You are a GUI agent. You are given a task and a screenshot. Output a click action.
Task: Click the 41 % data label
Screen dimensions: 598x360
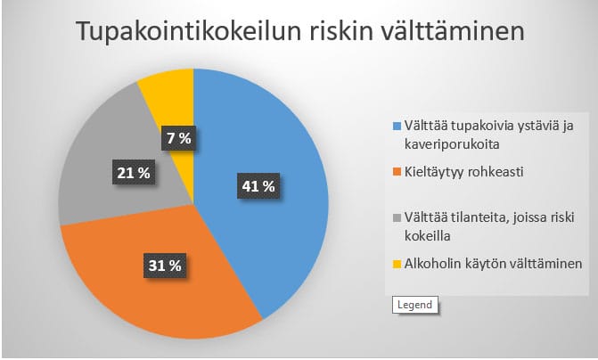coord(258,186)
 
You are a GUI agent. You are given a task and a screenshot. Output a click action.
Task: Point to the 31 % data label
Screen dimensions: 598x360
coord(165,266)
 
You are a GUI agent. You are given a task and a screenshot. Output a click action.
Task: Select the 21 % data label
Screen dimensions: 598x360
coord(134,173)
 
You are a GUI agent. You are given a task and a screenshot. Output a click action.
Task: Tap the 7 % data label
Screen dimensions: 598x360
coord(179,137)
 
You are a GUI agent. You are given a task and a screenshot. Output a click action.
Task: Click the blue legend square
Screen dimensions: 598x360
coord(397,127)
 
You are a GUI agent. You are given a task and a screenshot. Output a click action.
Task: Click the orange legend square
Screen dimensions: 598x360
coord(397,172)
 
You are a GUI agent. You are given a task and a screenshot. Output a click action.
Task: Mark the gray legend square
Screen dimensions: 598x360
coord(397,218)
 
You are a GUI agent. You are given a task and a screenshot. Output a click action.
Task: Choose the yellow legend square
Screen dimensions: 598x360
coord(397,264)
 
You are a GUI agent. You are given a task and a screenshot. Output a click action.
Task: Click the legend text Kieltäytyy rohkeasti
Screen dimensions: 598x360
coord(463,172)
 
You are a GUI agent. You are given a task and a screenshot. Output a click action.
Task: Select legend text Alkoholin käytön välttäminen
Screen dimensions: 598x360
coord(493,264)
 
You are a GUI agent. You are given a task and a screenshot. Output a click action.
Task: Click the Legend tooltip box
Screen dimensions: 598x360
coord(415,305)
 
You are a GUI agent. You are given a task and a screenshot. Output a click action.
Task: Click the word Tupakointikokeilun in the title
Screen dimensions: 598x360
coord(189,31)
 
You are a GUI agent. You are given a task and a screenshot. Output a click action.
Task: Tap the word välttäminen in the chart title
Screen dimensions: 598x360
coord(453,30)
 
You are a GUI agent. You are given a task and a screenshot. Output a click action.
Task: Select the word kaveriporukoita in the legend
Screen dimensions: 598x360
coord(452,144)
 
